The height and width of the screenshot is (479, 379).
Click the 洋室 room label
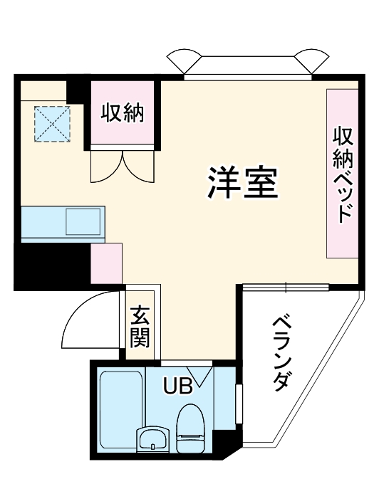[x=242, y=184]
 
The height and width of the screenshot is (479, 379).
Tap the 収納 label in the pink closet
[x=122, y=112]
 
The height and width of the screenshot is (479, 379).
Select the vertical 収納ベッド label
[x=343, y=174]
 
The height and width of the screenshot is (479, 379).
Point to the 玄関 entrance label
[x=140, y=327]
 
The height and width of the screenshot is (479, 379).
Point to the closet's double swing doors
[x=122, y=166]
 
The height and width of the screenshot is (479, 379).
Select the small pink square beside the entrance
[x=106, y=263]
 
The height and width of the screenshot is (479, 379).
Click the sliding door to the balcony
[x=286, y=287]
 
